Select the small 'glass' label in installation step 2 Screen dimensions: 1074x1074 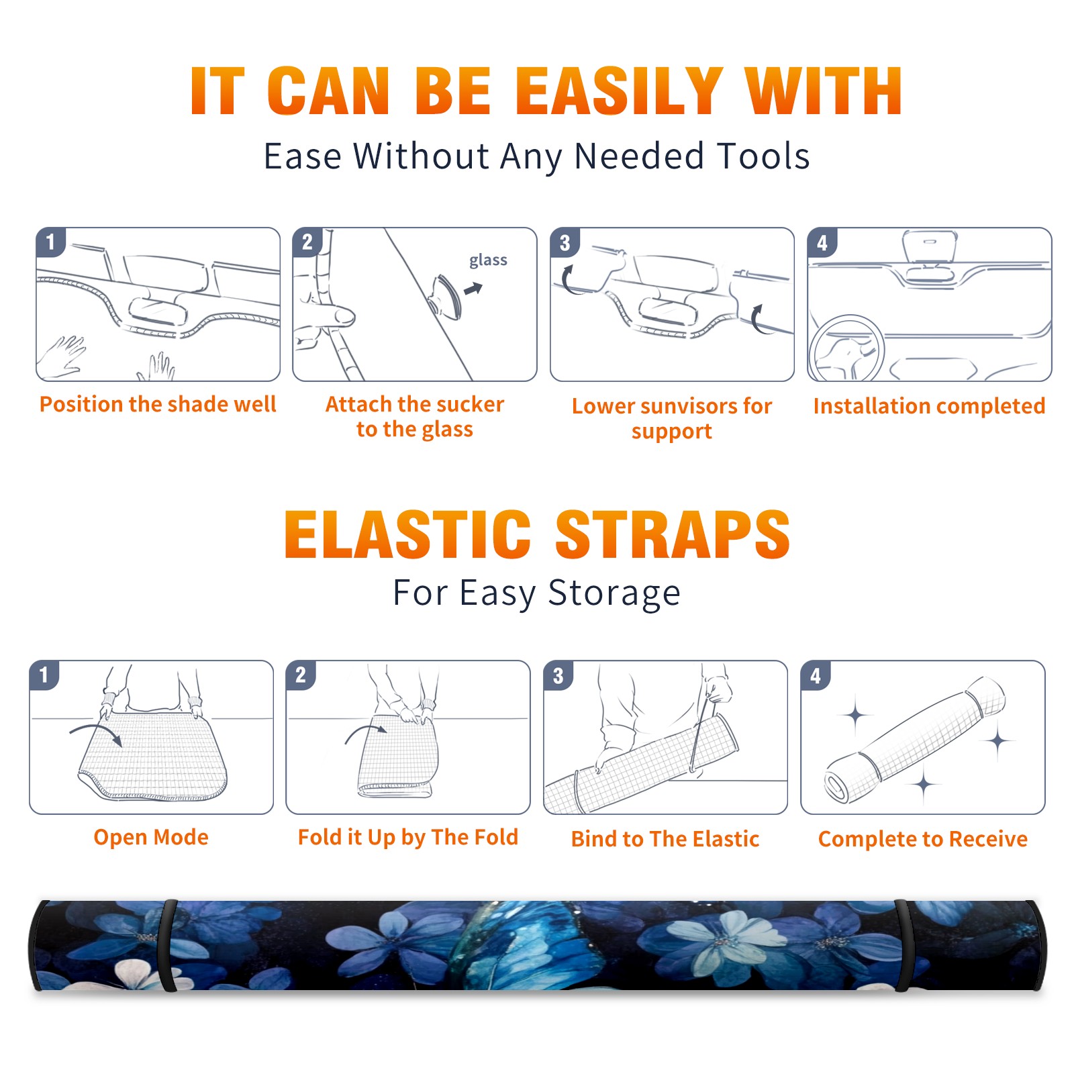pyautogui.click(x=488, y=260)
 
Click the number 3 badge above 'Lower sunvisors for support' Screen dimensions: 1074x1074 pyautogui.click(x=565, y=243)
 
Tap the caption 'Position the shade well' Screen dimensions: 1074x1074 pyautogui.click(x=158, y=404)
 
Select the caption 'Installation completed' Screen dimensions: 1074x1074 pyautogui.click(x=929, y=406)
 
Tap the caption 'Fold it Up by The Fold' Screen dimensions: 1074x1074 pyautogui.click(x=408, y=838)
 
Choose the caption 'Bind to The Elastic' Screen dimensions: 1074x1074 pyautogui.click(x=665, y=839)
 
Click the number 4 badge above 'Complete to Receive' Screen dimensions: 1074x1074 pyautogui.click(x=816, y=676)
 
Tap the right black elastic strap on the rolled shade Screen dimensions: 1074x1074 pyautogui.click(x=904, y=946)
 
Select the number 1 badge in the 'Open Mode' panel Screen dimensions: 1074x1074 pyautogui.click(x=44, y=675)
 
